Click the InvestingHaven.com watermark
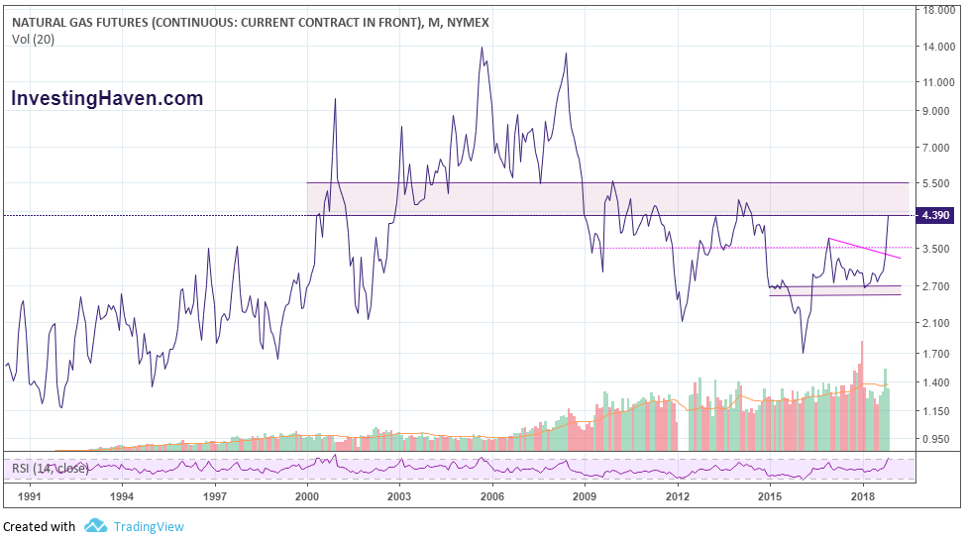point(107,98)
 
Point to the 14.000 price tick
point(937,47)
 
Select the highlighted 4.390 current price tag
point(937,216)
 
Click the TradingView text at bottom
point(149,526)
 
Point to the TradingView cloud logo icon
point(95,526)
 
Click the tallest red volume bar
point(862,396)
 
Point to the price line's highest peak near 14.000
point(482,48)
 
